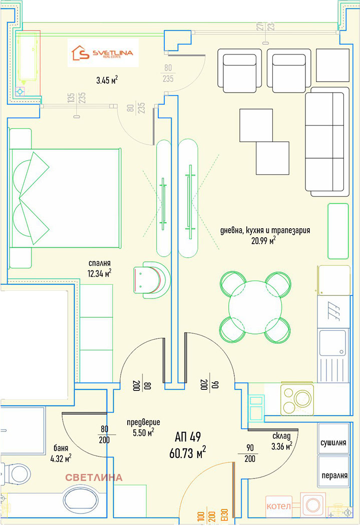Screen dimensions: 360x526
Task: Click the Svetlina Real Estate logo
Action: coord(103,53)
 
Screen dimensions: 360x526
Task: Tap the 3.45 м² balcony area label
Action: coord(107,80)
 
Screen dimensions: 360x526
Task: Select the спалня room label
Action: coord(100,263)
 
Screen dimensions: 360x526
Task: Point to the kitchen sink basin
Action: coord(332,343)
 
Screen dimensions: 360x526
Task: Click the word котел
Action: coord(278,505)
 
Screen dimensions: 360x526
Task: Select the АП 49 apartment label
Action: coord(188,437)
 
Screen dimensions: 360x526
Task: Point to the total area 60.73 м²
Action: coord(188,453)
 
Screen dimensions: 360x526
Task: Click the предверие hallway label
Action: coord(144,423)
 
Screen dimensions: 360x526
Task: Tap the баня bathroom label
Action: coord(61,448)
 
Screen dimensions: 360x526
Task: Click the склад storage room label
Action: coord(281,436)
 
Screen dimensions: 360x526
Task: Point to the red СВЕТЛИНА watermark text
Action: coord(94,477)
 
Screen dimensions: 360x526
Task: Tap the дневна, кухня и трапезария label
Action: coord(265,230)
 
